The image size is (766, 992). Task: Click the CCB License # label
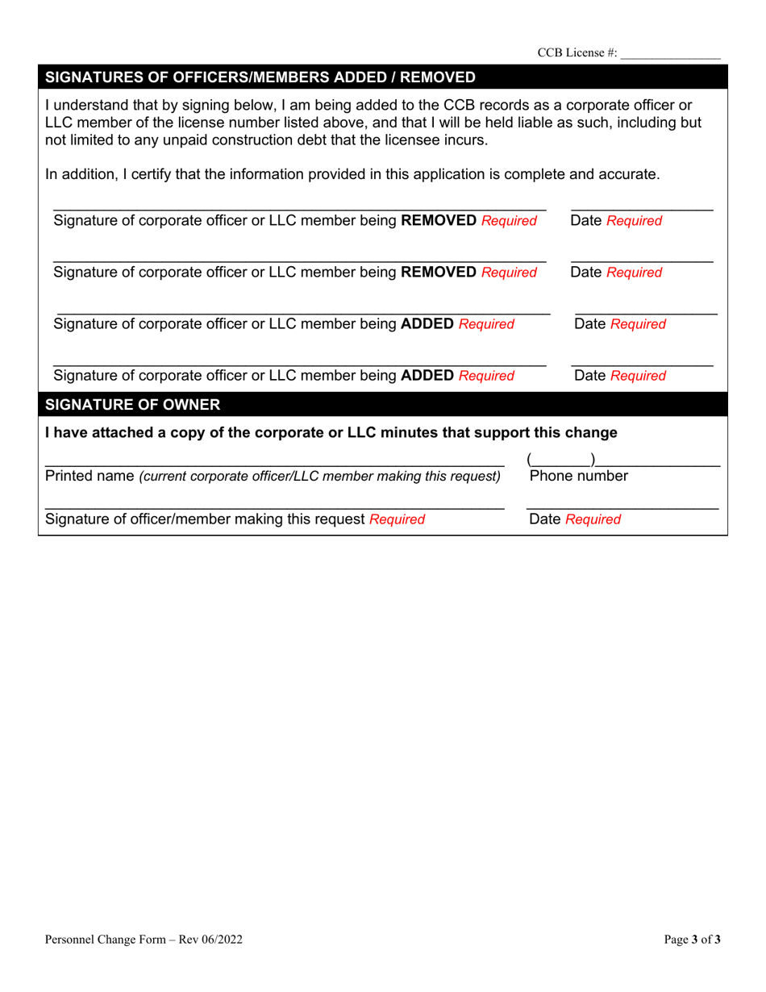pyautogui.click(x=577, y=52)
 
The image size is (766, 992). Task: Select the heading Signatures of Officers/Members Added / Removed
pyautogui.click(x=260, y=77)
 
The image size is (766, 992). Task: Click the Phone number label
pyautogui.click(x=578, y=477)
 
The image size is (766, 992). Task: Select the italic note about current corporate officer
pyautogui.click(x=320, y=477)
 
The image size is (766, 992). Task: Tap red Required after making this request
pyautogui.click(x=397, y=519)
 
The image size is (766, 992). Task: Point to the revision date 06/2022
pyautogui.click(x=221, y=939)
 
